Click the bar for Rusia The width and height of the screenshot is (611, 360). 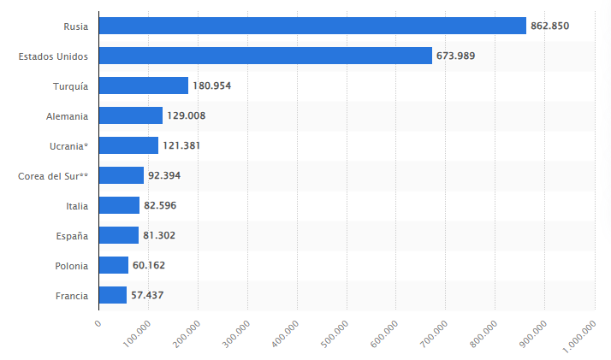coord(312,26)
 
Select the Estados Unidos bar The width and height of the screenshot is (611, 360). coord(265,56)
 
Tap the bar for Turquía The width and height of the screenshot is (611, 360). coord(144,86)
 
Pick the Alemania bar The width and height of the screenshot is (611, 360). coord(131,115)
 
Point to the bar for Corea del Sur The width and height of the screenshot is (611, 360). coord(122,175)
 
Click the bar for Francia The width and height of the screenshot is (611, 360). coord(113,295)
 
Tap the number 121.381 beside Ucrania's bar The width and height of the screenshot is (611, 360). coord(181,145)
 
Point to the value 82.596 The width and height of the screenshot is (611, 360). coord(160,205)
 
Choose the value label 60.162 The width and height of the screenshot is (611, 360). coord(149,265)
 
